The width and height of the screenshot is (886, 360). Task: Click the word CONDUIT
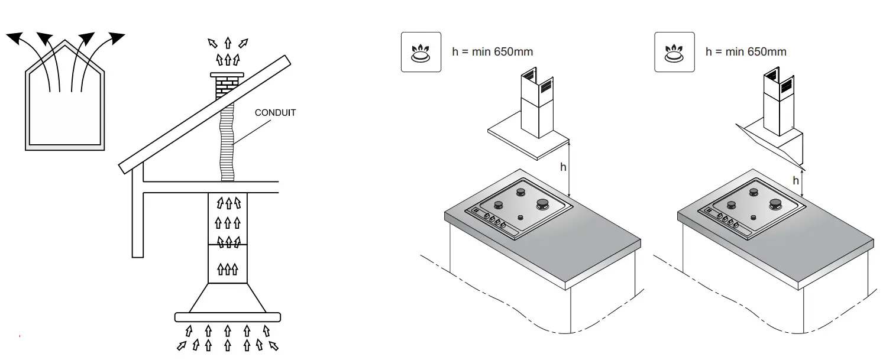[x=275, y=112]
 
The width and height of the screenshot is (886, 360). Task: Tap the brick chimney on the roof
[x=227, y=89]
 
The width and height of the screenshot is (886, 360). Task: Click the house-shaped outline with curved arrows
[x=64, y=112]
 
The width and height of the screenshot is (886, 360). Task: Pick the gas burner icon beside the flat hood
[x=421, y=52]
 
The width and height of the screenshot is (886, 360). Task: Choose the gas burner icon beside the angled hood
[x=674, y=52]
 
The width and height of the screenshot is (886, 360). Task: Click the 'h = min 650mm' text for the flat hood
[x=492, y=52]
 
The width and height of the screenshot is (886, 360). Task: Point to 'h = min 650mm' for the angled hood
[x=746, y=52]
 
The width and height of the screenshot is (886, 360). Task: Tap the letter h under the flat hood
[x=563, y=167]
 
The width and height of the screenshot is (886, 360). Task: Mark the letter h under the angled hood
[x=796, y=180]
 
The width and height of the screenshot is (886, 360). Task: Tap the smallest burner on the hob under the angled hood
[x=753, y=218]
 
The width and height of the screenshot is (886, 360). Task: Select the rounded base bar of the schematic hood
[x=227, y=317]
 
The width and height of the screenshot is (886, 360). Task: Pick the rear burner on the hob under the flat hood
[x=521, y=192]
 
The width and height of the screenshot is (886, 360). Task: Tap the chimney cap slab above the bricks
[x=227, y=75]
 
